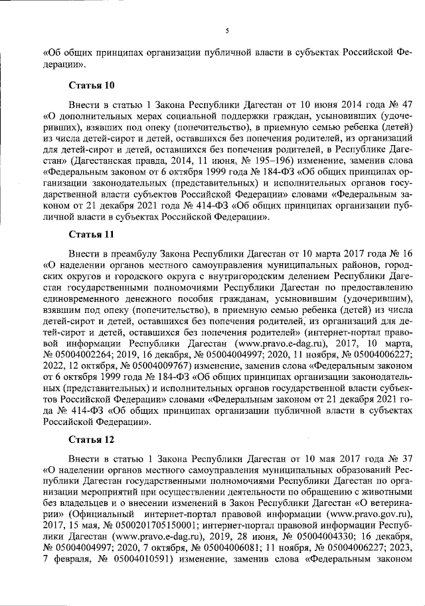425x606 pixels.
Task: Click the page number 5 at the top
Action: pos(226,30)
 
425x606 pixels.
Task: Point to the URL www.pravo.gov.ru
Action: pos(369,513)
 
